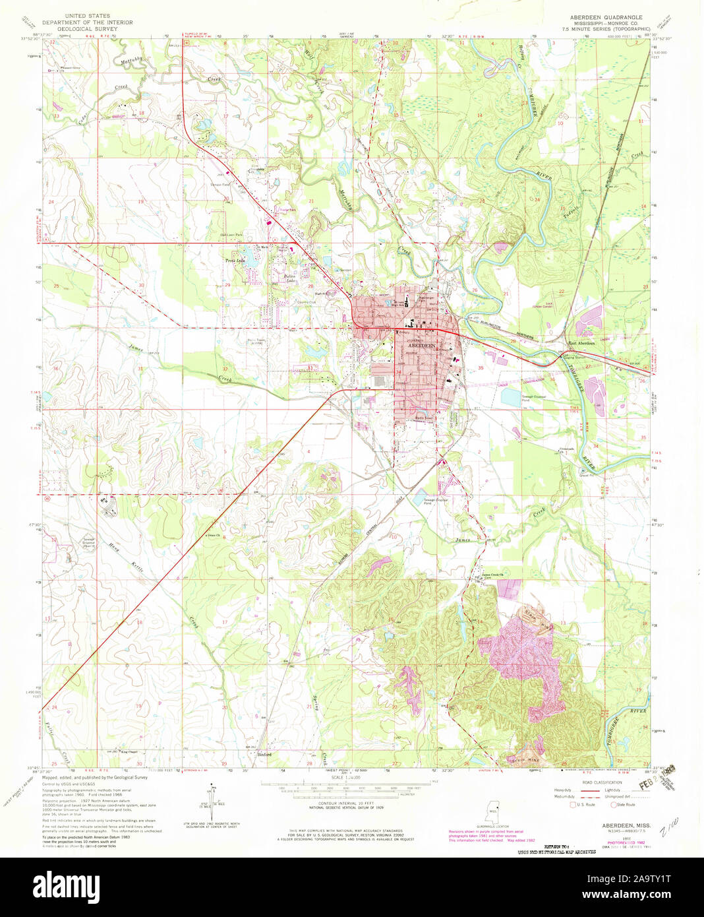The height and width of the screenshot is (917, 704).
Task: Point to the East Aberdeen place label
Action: [582, 343]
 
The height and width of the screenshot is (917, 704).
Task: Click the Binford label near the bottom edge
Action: [264, 754]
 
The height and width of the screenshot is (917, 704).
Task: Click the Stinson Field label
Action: [220, 185]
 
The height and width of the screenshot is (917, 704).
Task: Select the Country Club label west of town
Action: [307, 303]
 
